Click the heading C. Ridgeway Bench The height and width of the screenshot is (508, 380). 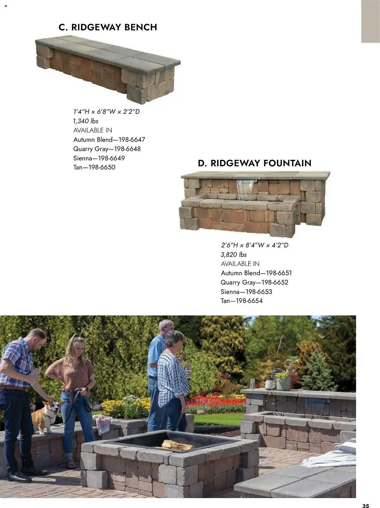point(108,27)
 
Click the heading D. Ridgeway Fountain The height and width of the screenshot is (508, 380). point(255,163)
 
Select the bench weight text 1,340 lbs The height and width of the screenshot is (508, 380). point(86,121)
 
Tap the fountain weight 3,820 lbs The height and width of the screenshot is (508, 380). point(233,255)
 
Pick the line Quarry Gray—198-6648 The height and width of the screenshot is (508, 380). point(107,149)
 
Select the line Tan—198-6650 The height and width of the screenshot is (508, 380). point(94,167)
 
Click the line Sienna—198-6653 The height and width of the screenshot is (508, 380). point(246,292)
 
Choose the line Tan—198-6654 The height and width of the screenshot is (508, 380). point(241,301)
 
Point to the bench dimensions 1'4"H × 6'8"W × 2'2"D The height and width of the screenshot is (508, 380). point(106,112)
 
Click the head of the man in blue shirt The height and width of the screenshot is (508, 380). point(166,327)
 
